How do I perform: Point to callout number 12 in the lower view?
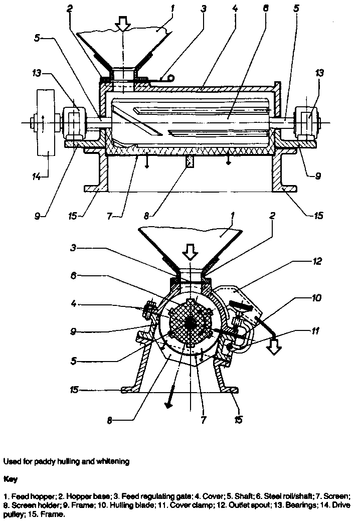tap(317, 261)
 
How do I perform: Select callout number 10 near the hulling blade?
tap(317, 298)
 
